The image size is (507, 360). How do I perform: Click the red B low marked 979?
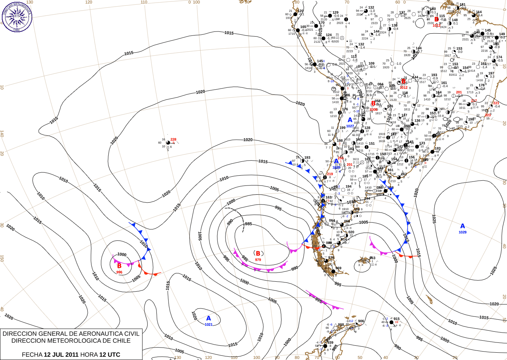click(x=258, y=254)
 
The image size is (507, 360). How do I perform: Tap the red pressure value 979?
click(x=258, y=260)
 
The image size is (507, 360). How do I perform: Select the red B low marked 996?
click(x=119, y=266)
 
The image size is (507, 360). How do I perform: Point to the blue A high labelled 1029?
click(x=462, y=226)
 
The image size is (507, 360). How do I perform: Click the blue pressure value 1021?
click(x=208, y=325)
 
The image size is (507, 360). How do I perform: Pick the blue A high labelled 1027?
click(x=350, y=120)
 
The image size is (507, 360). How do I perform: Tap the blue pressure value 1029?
click(x=462, y=232)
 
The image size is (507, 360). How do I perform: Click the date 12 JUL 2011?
click(x=61, y=355)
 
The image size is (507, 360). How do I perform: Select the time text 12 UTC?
click(x=110, y=355)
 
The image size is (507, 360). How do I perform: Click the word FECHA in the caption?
click(x=32, y=355)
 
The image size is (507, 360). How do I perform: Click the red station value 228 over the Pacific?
click(x=173, y=139)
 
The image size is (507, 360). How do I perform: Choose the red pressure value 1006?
click(x=373, y=110)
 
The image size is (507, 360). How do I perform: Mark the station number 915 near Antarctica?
click(x=397, y=319)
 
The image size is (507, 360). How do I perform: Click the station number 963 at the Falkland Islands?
click(x=372, y=258)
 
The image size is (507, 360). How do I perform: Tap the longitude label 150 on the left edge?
click(x=2, y=258)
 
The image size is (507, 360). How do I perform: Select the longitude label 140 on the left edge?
click(x=2, y=134)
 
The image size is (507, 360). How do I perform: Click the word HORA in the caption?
click(x=89, y=355)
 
